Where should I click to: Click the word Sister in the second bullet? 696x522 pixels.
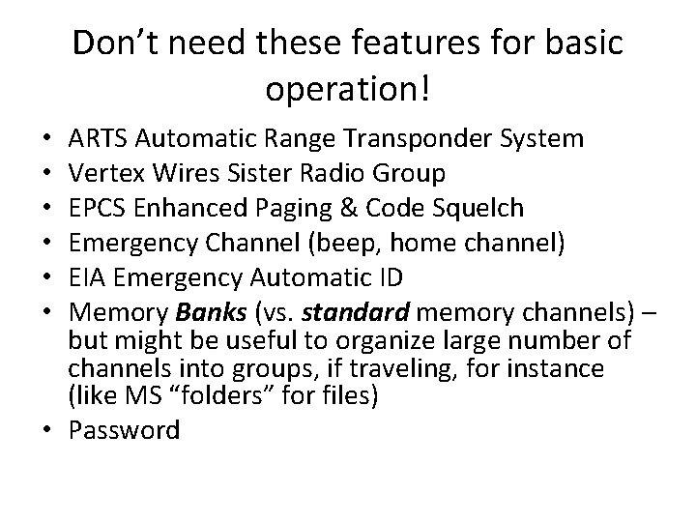pyautogui.click(x=277, y=173)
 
